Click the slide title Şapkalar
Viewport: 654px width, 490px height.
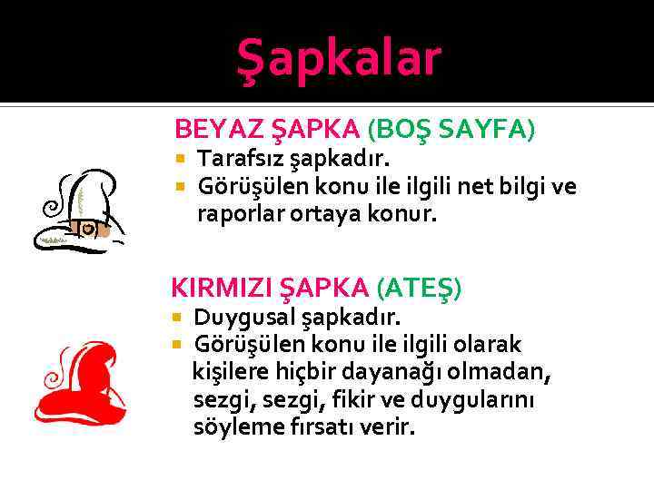pyautogui.click(x=338, y=58)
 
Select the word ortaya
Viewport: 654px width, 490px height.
pyautogui.click(x=332, y=215)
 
